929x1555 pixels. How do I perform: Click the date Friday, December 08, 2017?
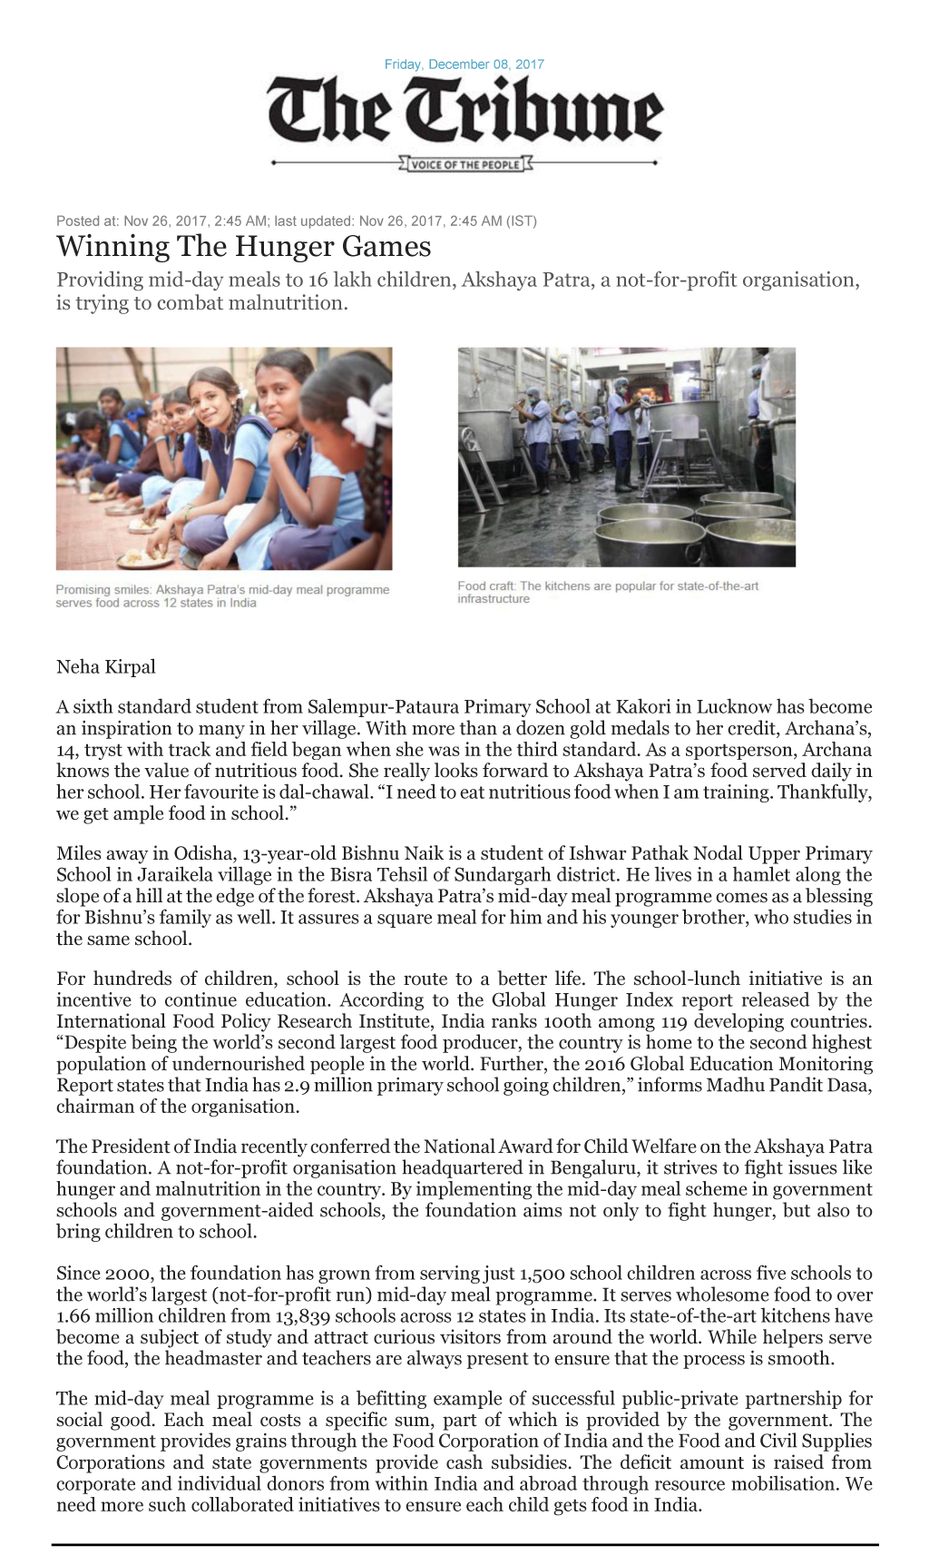[464, 64]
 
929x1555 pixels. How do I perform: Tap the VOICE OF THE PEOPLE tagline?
[465, 164]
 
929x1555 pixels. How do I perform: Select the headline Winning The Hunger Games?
[243, 247]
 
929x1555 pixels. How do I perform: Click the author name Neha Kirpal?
[105, 667]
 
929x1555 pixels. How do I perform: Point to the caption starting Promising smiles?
[222, 595]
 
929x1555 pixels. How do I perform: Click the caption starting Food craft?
[608, 592]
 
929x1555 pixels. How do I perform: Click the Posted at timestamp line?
[297, 221]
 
